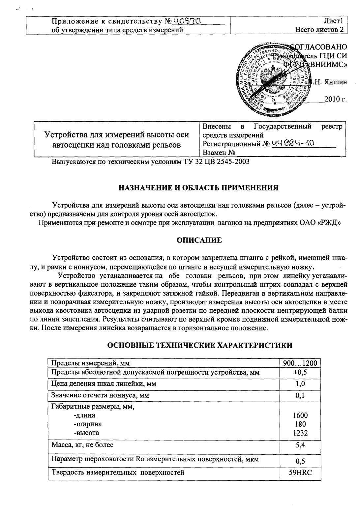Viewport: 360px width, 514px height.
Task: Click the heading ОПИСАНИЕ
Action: click(199, 241)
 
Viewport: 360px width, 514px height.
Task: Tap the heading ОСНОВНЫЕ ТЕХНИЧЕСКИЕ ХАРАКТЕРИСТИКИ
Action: click(200, 345)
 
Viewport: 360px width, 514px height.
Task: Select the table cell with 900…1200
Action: click(300, 363)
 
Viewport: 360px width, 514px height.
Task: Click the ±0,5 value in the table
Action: click(300, 373)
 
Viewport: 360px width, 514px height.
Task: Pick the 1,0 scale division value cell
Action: click(300, 384)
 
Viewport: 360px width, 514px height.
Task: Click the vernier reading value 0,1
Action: click(300, 395)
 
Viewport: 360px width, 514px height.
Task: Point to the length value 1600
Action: click(300, 415)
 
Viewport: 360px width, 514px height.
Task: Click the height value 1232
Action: click(300, 433)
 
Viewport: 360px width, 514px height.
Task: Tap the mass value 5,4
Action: click(300, 445)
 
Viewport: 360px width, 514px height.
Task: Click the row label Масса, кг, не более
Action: click(82, 445)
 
